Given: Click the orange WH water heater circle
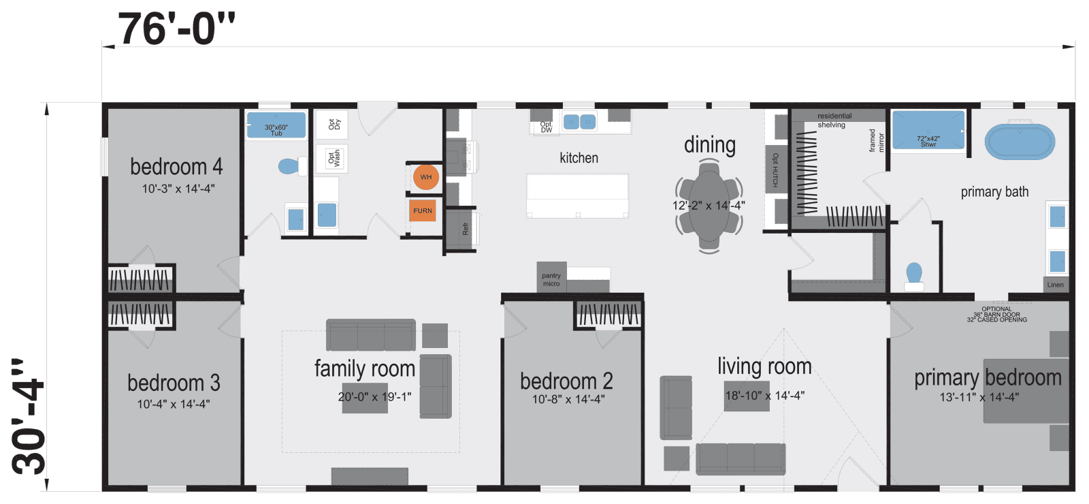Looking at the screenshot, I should click(426, 177).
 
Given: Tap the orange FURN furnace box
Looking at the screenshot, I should click(423, 210).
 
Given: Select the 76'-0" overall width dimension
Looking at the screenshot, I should click(176, 29).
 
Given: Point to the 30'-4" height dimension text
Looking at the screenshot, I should click(29, 417).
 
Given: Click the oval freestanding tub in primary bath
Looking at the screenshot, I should click(1020, 142).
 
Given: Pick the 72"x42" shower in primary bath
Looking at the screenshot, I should click(928, 131).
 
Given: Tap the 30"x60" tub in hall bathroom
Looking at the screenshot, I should click(276, 126).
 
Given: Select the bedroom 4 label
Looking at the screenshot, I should click(176, 167).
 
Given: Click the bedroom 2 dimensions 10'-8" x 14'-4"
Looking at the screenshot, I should click(568, 399).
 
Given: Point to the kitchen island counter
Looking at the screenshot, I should click(577, 195).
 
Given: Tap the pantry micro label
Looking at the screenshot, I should click(551, 279).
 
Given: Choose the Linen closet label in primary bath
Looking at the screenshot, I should click(1055, 285).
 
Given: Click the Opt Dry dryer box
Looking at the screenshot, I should click(333, 125).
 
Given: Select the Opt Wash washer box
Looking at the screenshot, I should click(333, 159).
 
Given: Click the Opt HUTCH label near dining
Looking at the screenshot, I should click(775, 170).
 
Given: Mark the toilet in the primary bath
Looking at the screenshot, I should click(914, 275).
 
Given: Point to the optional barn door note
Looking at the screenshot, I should click(996, 314).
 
